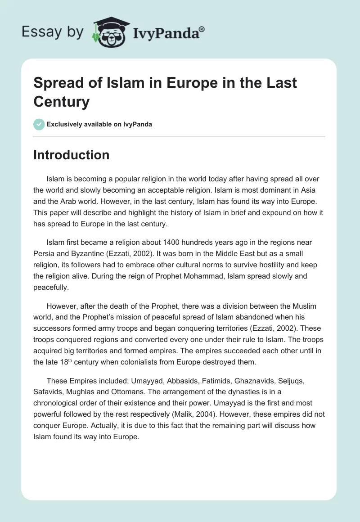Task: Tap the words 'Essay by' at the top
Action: coord(53,31)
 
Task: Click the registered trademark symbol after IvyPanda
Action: coord(202,29)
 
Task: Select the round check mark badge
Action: coord(39,124)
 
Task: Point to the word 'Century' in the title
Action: coord(62,102)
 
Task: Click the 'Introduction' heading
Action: coord(72,155)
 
